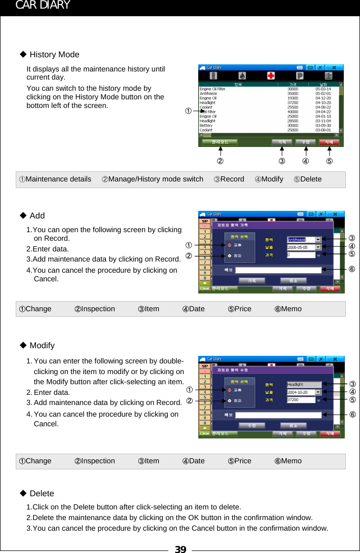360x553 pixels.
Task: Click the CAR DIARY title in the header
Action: coord(43,6)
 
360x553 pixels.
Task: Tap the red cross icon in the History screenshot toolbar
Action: coord(271,76)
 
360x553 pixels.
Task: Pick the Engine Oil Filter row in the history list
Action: coord(212,89)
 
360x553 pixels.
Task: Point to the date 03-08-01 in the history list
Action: coord(323,130)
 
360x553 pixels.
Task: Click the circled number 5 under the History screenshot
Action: coord(330,162)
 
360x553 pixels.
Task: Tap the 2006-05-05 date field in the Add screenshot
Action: coord(301,247)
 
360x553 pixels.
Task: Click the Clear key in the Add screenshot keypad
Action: coord(204,288)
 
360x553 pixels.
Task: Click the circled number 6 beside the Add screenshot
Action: coord(351,270)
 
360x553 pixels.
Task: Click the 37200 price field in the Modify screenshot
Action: coord(301,399)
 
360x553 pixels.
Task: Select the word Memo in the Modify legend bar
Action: coord(291,461)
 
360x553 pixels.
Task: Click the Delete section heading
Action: coord(42,493)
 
